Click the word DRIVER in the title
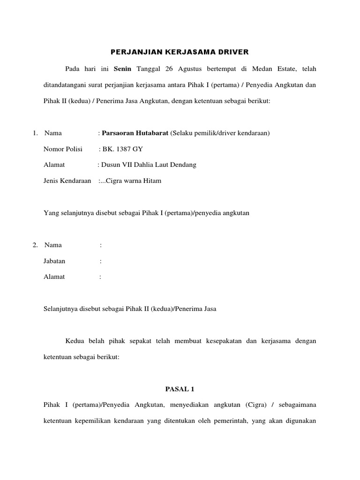click(234, 51)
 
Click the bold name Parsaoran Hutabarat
click(135, 133)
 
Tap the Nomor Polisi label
click(62, 149)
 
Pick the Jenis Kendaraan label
click(67, 180)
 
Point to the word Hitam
click(152, 180)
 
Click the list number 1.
click(35, 133)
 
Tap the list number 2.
click(35, 245)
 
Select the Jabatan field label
click(54, 261)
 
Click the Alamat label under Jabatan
click(54, 277)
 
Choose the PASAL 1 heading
click(180, 389)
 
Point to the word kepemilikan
click(97, 420)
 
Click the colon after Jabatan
click(100, 261)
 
